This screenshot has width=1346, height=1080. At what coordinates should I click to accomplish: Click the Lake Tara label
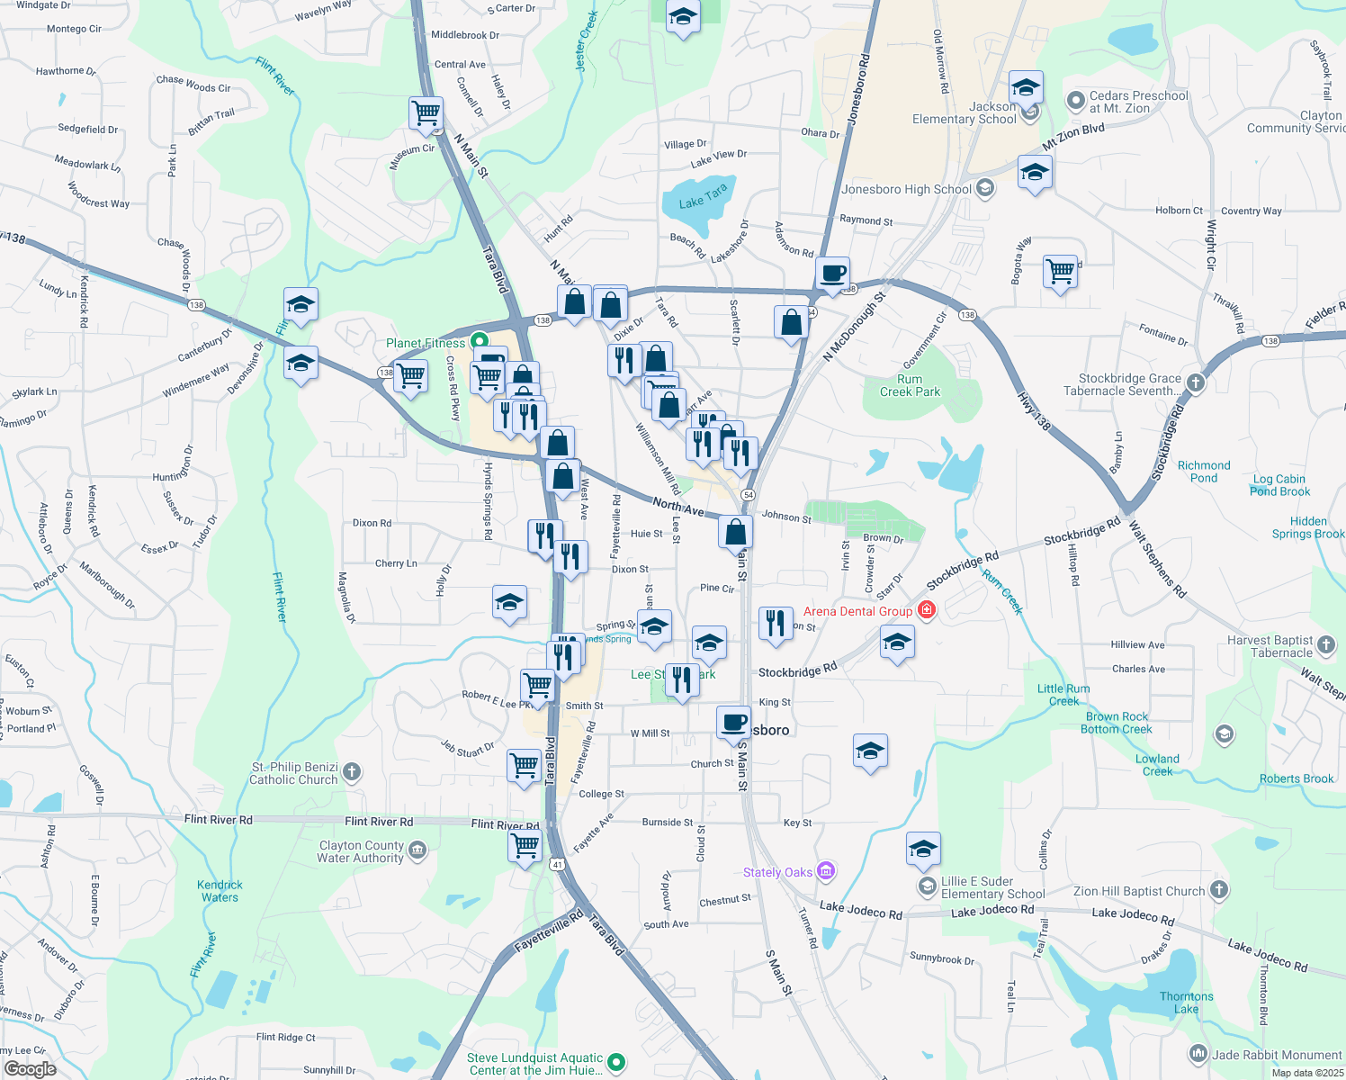point(703,197)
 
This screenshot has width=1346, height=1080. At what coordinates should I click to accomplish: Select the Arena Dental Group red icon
point(927,611)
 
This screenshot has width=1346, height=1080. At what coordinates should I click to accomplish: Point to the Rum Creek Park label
point(910,385)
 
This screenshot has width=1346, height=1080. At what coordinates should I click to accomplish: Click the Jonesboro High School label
point(906,189)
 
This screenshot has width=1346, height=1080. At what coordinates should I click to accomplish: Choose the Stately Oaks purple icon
point(826,871)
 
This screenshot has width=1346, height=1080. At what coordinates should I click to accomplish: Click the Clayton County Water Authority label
point(361,851)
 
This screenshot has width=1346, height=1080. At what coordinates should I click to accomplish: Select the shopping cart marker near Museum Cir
point(426,113)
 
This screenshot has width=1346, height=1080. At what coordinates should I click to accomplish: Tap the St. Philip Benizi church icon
point(352,771)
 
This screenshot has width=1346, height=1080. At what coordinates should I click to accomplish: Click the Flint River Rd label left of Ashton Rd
point(219,820)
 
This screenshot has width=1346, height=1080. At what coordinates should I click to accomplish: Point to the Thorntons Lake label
point(1186,1003)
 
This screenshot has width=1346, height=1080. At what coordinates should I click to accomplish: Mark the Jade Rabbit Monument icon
point(1198,1054)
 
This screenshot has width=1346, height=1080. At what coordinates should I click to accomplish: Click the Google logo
point(30,1068)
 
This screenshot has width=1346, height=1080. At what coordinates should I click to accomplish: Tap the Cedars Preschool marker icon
point(1075,101)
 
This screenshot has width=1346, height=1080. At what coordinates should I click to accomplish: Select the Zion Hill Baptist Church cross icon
point(1218,890)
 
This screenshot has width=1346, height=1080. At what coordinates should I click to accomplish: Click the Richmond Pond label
point(1204,472)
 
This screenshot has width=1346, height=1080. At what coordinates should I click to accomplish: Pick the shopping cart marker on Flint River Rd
point(525,845)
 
